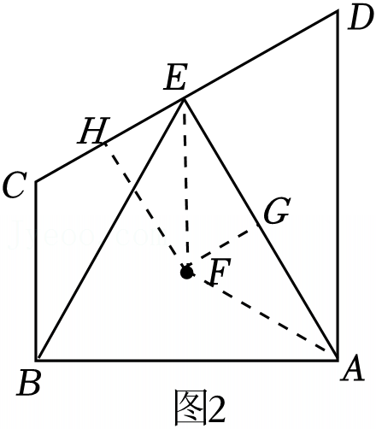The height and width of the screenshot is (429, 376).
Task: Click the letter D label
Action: click(x=360, y=18)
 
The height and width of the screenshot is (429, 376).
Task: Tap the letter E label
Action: click(x=176, y=78)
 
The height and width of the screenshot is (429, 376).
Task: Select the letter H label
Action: click(x=94, y=131)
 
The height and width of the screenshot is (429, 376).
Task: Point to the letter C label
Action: click(x=15, y=185)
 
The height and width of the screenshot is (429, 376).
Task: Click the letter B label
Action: click(x=28, y=382)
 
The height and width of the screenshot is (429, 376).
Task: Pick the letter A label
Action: click(x=353, y=369)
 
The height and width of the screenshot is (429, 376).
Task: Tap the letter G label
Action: click(x=277, y=210)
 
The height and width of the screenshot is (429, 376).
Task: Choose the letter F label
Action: click(x=220, y=272)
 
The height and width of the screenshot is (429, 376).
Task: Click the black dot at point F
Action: click(x=187, y=273)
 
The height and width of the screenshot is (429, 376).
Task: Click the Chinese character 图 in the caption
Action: click(x=191, y=409)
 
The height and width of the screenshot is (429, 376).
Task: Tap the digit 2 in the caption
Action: click(x=217, y=410)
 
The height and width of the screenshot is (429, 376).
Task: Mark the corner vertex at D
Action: click(x=338, y=11)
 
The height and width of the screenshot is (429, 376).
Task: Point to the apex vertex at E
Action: click(x=185, y=98)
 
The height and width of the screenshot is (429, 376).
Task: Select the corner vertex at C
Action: click(x=37, y=181)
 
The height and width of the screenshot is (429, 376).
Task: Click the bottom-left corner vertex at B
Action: click(x=37, y=360)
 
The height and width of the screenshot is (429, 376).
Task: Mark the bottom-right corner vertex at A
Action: click(x=338, y=360)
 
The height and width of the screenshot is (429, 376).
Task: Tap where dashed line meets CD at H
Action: click(x=104, y=144)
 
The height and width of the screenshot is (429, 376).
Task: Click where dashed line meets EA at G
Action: click(x=258, y=225)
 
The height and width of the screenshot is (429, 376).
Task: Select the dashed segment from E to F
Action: click(x=185, y=184)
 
